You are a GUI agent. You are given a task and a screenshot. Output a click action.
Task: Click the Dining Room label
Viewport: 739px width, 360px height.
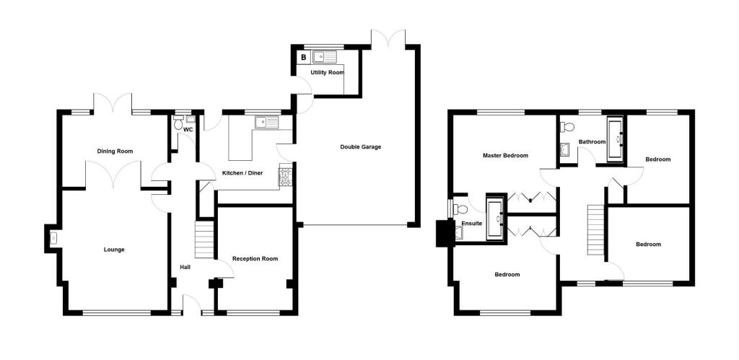[115, 152]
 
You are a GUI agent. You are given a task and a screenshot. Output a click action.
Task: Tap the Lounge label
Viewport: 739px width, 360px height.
[114, 250]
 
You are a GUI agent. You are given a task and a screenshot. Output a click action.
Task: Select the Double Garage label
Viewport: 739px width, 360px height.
[361, 147]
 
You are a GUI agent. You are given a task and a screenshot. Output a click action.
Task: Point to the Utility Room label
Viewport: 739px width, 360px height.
[327, 73]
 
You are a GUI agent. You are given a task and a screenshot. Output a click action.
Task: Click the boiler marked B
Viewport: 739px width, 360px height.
[304, 58]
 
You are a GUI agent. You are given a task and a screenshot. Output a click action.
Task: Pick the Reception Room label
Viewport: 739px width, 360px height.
[255, 259]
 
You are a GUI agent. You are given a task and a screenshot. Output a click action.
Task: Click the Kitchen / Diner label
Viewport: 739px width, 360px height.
[242, 173]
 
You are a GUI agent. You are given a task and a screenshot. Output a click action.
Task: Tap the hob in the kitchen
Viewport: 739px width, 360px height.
[286, 177]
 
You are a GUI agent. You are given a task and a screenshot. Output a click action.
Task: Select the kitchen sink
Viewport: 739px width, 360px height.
[267, 123]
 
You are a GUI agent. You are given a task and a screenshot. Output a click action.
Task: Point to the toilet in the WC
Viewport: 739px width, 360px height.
[178, 123]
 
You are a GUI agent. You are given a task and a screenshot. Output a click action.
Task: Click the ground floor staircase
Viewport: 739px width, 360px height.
[204, 240]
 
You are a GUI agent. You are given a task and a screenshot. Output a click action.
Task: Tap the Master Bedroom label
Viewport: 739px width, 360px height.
[505, 156]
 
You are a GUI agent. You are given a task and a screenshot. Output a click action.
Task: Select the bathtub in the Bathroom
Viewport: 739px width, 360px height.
[615, 140]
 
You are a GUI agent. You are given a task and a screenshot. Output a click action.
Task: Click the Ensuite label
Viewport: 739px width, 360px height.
[472, 224]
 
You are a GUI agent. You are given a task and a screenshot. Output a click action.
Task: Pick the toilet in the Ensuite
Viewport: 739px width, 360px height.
[460, 209]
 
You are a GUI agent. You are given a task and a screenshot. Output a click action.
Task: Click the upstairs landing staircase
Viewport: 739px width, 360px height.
[595, 231]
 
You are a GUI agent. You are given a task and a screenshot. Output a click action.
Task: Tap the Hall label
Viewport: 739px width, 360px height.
[185, 268]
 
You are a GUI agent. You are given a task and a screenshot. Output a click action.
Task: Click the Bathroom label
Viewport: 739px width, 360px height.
[592, 141]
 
